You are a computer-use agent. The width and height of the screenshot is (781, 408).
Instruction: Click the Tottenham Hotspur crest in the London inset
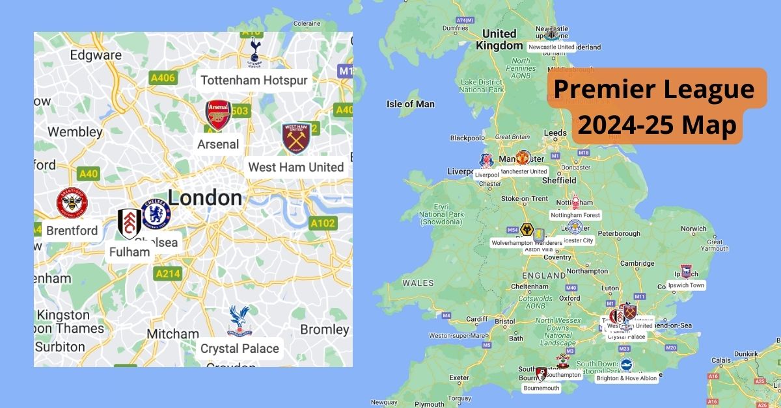tap(254, 52)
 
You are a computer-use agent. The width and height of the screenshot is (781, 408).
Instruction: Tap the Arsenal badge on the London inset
tap(219, 114)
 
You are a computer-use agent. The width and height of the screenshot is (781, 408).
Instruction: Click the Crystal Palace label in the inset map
tap(240, 348)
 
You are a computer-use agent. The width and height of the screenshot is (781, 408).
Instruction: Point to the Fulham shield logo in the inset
tap(130, 224)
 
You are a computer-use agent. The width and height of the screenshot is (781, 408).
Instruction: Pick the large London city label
tap(205, 198)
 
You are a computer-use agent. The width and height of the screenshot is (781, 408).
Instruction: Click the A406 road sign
tap(163, 78)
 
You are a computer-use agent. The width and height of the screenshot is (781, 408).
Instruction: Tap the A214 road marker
tap(168, 274)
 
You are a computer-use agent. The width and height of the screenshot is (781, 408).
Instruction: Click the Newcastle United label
tap(551, 47)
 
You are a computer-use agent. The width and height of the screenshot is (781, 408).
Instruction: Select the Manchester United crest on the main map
tap(523, 158)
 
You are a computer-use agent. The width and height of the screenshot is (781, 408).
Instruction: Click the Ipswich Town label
tap(686, 285)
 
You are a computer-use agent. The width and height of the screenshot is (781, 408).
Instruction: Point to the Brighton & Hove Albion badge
tap(626, 365)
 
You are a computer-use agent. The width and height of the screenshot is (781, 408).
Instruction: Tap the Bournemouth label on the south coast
tap(541, 388)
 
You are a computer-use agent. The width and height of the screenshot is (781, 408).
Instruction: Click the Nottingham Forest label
tap(575, 214)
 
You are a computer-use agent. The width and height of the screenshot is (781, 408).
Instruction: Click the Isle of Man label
tap(410, 104)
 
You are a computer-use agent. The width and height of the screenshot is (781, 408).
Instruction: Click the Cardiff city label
tap(476, 319)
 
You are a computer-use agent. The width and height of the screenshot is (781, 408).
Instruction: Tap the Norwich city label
tap(693, 229)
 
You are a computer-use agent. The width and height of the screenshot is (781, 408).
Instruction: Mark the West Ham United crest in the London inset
tap(296, 138)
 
